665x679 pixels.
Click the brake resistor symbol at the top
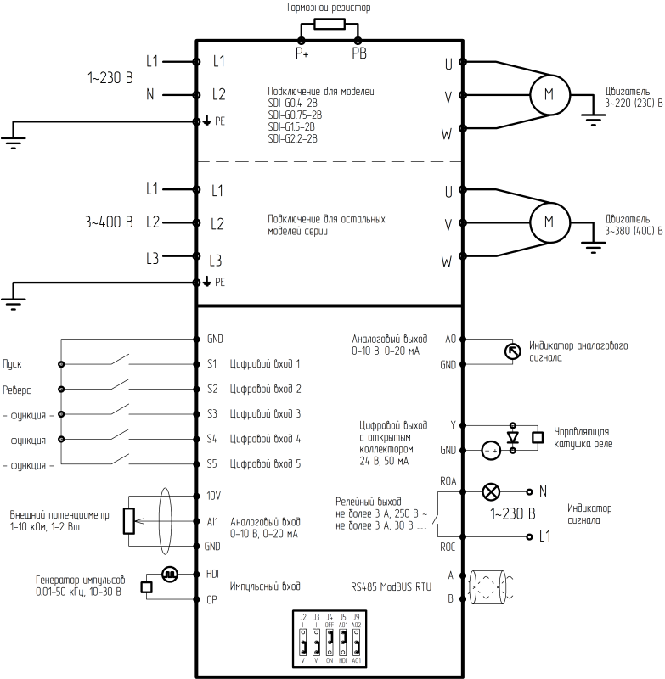tap(329, 24)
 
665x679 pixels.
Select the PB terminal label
tap(359, 53)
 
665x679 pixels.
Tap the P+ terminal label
tap(302, 53)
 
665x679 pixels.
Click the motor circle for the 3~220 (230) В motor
tap(548, 94)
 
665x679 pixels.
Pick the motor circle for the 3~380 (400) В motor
tap(548, 223)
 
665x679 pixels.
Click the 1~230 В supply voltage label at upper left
tap(110, 78)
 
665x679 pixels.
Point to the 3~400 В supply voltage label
tap(109, 223)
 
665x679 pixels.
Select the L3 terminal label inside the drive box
tap(217, 261)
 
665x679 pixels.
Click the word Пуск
tap(13, 363)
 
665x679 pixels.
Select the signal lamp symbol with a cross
tap(491, 491)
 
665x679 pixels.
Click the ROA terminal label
tap(448, 481)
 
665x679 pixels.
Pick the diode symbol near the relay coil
tap(511, 437)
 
